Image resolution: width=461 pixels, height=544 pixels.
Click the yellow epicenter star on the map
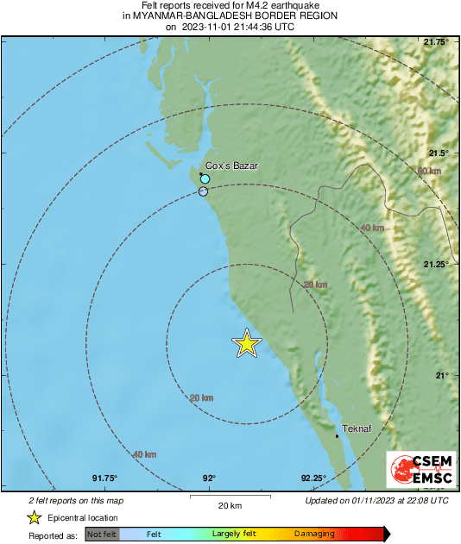247,344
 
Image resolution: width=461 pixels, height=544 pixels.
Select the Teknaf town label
357,428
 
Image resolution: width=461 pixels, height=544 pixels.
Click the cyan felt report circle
205,179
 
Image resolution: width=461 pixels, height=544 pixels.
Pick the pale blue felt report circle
204,192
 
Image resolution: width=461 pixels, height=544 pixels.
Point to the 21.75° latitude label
439,41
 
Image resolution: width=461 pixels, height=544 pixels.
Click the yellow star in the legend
34,517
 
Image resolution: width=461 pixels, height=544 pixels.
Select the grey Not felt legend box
101,535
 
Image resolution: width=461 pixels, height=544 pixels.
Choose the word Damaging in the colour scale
314,535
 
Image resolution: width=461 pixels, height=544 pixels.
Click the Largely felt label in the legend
233,535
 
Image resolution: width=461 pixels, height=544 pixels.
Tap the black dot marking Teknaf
338,436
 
